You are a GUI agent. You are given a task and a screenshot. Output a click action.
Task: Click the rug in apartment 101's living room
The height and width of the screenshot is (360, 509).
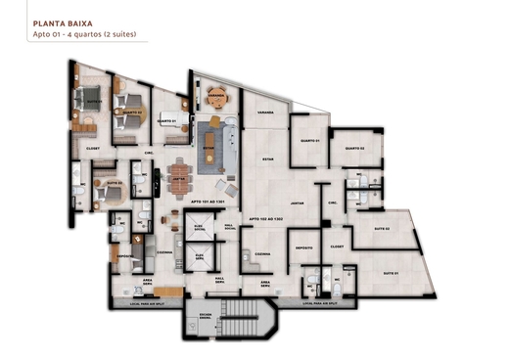pos(213,144)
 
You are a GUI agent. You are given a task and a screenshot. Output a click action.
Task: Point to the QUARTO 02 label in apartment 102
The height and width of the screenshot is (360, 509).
pos(354,149)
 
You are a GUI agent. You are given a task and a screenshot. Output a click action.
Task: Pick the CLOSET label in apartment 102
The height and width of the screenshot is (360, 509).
pos(337,247)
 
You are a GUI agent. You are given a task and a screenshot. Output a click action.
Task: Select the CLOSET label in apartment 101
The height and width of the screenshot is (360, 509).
pos(93,149)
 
